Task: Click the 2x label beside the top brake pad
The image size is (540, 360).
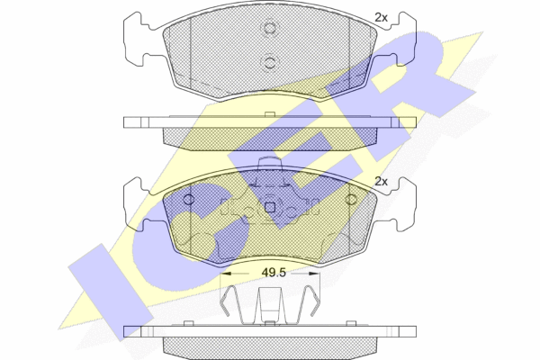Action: click(381, 17)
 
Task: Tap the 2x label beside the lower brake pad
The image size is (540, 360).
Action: click(381, 181)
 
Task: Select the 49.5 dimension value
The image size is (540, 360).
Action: click(274, 273)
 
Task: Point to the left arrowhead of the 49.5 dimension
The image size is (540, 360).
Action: click(225, 274)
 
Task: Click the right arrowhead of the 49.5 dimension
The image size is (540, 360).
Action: click(314, 274)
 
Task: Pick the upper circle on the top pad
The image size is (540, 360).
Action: click(270, 28)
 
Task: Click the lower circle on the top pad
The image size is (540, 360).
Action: click(270, 63)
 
